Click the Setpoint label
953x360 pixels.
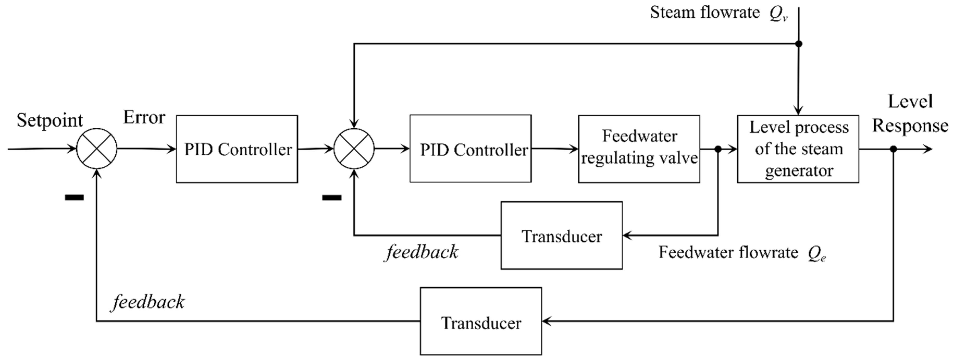pos(49,121)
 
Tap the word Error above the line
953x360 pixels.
pos(144,118)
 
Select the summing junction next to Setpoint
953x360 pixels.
pos(97,149)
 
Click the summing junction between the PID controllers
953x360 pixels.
pos(354,149)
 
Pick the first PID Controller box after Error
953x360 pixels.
pos(237,149)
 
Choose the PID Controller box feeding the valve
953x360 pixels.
pos(470,149)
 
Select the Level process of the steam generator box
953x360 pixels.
pos(798,149)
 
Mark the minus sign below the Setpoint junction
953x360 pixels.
pos(74,197)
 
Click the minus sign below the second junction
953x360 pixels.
pos(332,197)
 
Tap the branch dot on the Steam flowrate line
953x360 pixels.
pos(799,44)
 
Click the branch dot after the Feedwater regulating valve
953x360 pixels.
pos(718,149)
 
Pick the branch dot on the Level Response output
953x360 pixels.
pos(893,149)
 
